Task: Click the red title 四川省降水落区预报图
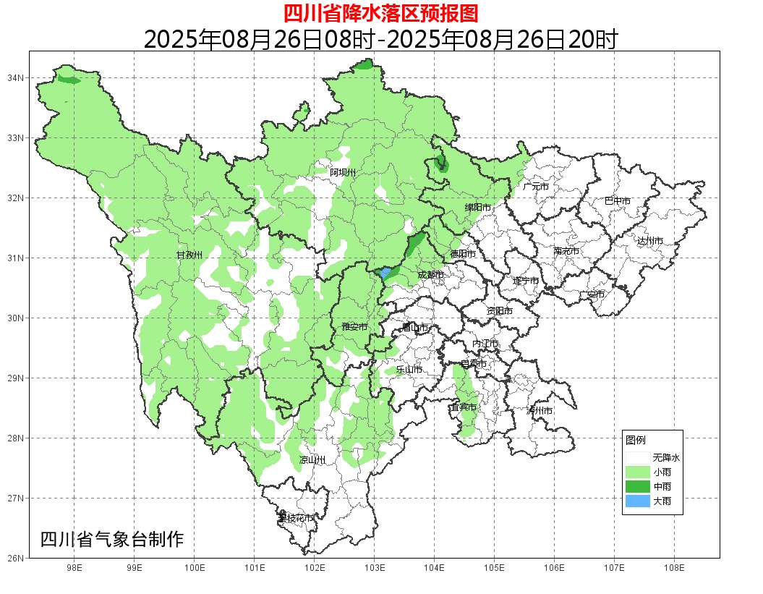[380, 13]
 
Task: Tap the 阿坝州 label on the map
[343, 172]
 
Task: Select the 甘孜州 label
[189, 255]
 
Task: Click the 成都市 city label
[432, 275]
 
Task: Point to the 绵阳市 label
[477, 208]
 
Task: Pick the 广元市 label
[535, 187]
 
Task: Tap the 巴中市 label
[618, 201]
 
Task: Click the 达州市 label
[650, 240]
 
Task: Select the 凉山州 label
[312, 460]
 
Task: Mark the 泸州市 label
[540, 410]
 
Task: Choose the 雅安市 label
[354, 327]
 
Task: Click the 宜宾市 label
[463, 407]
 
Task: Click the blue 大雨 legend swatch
[638, 501]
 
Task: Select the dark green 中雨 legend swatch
[638, 486]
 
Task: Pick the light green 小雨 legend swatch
[638, 472]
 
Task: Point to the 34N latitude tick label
[17, 77]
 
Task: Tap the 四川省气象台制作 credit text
[112, 539]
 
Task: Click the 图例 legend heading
[636, 440]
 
